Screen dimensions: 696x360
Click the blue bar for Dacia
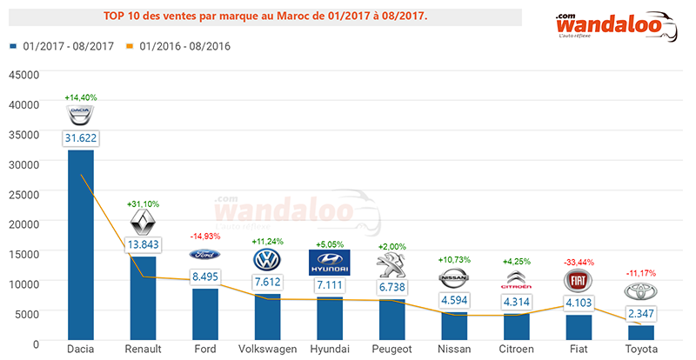80,244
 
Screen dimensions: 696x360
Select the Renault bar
143,298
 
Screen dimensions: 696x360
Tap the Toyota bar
641,332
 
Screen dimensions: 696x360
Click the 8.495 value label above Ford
205,277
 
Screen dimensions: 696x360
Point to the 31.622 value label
80,138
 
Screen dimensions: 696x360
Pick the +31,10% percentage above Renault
143,204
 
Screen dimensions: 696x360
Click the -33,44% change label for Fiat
579,263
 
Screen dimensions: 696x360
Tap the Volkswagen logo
267,260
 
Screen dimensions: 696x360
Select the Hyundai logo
330,263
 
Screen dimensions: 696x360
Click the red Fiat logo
579,281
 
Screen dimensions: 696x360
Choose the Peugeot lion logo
391,266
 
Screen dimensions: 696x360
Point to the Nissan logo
453,278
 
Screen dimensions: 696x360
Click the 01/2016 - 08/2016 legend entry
178,46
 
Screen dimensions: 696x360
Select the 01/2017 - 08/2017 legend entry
62,46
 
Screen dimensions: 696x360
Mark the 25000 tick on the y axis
24,195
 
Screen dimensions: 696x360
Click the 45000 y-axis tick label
24,75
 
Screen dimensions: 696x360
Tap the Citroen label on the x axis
516,349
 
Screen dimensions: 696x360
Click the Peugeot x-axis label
392,350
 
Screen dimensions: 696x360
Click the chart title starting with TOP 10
265,17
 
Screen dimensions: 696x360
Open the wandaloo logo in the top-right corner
616,26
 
